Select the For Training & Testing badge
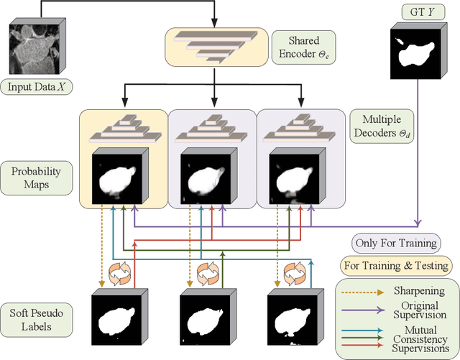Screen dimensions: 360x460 tap(397, 265)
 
